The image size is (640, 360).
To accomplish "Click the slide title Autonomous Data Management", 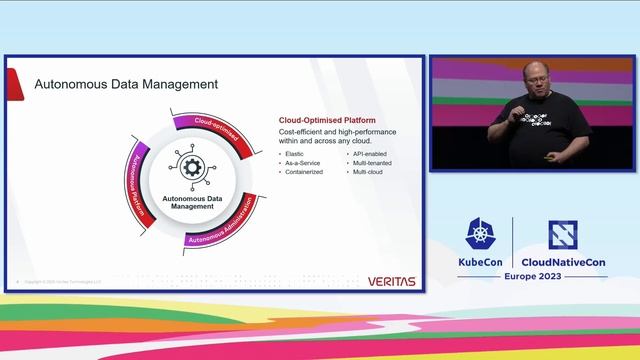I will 126,84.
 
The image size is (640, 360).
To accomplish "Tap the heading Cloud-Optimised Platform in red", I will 326,121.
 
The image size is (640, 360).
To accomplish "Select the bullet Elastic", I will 294,153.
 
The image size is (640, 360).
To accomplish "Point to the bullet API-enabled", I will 370,153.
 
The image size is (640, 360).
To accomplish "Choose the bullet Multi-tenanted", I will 372,162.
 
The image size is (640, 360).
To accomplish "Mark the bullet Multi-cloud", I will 368,171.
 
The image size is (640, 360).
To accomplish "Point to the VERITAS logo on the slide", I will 391,281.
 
